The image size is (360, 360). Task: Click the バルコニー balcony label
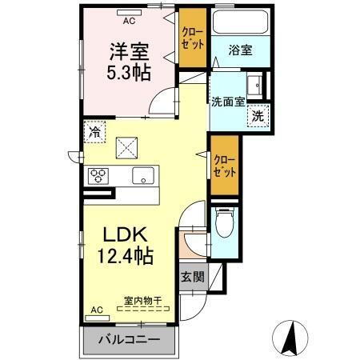click(x=129, y=339)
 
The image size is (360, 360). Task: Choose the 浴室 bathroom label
click(x=241, y=50)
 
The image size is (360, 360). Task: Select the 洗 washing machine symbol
click(x=258, y=115)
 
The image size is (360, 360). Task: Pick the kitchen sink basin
click(x=143, y=177)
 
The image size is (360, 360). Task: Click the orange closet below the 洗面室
click(x=224, y=166)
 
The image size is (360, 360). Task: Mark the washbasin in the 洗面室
click(x=254, y=82)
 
